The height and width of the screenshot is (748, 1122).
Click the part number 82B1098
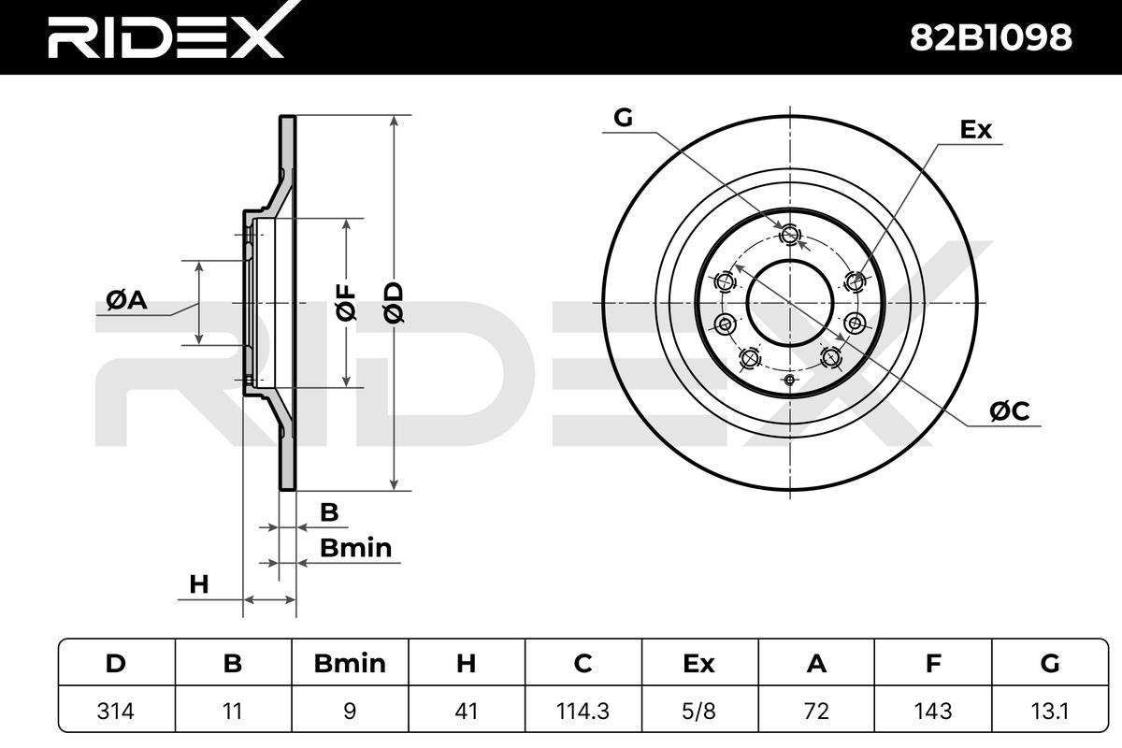991,37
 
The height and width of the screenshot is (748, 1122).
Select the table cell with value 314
116,711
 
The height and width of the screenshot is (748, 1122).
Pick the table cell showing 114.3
583,711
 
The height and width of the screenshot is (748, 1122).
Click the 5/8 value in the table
698,711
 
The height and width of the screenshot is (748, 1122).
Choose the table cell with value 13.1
1049,711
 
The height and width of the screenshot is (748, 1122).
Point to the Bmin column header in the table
350,663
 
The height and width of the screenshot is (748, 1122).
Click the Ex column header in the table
698,663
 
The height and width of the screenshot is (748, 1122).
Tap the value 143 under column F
933,711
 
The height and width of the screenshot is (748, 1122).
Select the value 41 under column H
466,711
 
